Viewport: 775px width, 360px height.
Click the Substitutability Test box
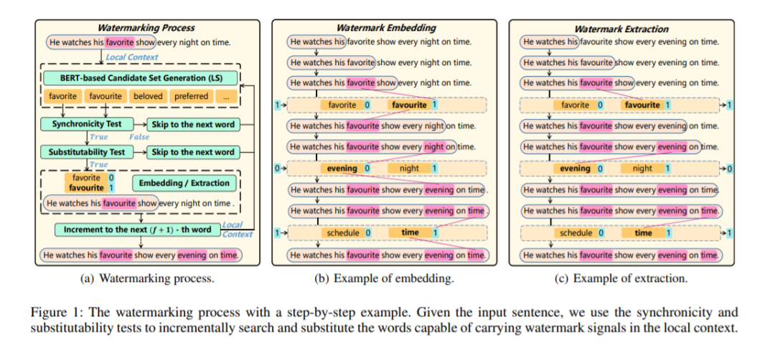[x=86, y=152]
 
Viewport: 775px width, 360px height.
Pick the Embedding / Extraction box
[x=184, y=183]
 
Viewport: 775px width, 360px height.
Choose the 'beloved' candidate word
[x=148, y=96]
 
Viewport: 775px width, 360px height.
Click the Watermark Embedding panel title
[x=386, y=28]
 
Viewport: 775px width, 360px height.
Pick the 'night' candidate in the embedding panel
[x=409, y=169]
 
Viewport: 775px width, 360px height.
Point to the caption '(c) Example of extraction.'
[x=621, y=279]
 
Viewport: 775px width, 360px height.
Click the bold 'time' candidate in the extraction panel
[x=644, y=233]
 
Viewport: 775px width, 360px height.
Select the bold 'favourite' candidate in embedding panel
[x=409, y=105]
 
